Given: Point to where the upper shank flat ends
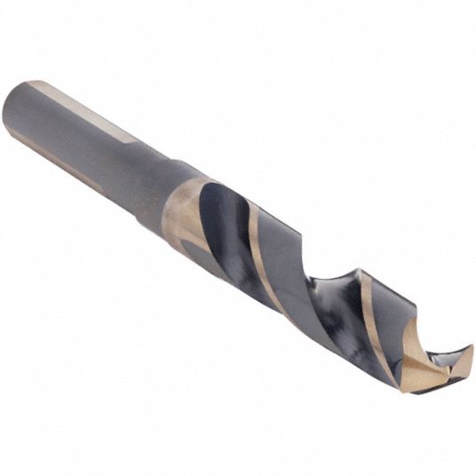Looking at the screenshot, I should click(x=133, y=139).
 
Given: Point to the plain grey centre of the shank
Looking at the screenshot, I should click(x=89, y=133).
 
